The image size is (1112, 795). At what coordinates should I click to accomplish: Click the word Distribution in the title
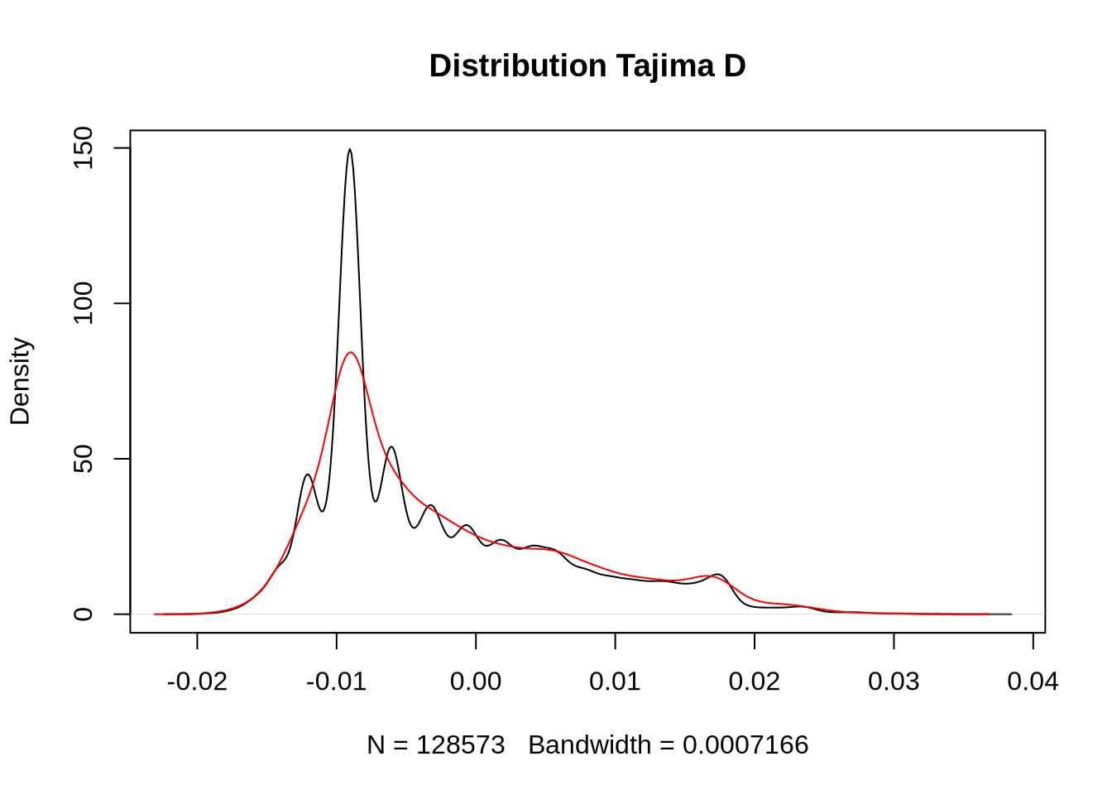pos(518,66)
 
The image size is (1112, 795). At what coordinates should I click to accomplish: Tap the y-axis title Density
pos(20,381)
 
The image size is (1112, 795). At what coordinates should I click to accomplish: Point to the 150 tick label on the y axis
pos(84,148)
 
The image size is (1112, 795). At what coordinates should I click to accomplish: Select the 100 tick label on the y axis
pos(84,303)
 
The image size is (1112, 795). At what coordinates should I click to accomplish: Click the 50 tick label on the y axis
pos(84,459)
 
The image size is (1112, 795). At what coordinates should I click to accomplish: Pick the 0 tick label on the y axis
pos(84,614)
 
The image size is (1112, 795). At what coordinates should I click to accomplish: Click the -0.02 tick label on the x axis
pos(197,682)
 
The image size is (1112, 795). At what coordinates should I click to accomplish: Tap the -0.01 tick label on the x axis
pos(336,682)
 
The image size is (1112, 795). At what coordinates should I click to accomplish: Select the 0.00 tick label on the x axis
pos(476,682)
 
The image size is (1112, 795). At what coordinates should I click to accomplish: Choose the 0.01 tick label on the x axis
pos(615,682)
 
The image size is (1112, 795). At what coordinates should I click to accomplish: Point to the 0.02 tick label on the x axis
pos(755,682)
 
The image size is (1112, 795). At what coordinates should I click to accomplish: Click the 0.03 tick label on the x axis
pos(894,682)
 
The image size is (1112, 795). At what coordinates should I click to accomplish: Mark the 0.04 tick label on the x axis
pos(1033,682)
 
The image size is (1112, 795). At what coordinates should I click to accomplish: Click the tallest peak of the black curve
pos(350,150)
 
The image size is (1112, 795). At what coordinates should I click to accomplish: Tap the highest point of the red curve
pos(351,353)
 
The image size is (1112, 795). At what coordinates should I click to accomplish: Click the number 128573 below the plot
pos(460,745)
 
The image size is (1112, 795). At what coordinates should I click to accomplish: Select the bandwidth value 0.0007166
pos(745,745)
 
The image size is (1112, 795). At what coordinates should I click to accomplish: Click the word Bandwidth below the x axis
pos(589,745)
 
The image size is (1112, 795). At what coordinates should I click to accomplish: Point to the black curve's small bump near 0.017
pos(717,575)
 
